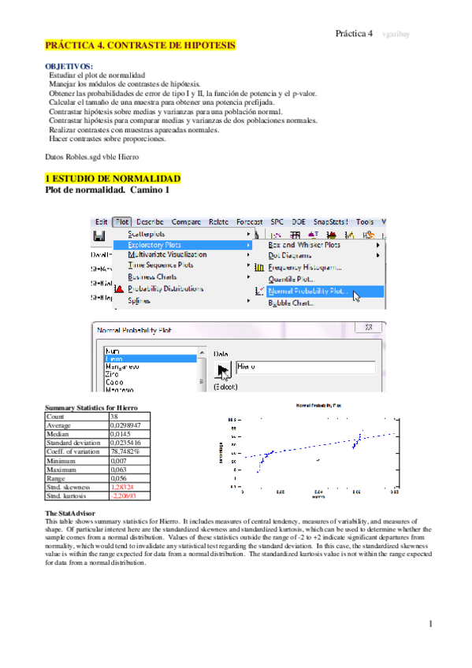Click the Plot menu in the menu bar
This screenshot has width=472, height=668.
coord(121,222)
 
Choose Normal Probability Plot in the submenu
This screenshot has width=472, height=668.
coord(307,290)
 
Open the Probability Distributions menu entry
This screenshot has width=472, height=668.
coord(165,289)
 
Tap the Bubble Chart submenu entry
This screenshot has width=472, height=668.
coord(290,302)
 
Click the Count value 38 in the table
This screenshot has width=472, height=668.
coord(113,416)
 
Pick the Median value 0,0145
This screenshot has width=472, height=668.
coord(119,432)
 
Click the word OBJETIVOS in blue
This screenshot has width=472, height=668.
coord(69,66)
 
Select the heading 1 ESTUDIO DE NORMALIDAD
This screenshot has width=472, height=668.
coord(113,179)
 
